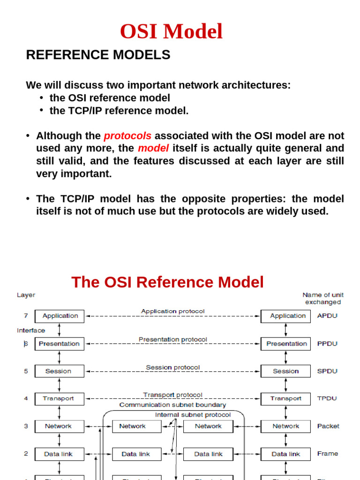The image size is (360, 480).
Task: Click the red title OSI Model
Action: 171,32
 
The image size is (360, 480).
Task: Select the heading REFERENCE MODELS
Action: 98,55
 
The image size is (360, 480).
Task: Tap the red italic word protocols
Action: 127,136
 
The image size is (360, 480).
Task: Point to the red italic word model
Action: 153,149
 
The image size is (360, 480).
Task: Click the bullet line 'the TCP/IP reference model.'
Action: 119,111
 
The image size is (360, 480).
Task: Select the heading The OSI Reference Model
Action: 167,282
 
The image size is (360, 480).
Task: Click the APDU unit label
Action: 327,316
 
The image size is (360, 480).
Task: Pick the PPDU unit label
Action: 327,344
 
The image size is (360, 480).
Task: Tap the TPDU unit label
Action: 327,398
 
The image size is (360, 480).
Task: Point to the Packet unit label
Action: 328,426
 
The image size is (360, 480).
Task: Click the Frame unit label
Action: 328,454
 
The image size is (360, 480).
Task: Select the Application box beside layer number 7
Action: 60,316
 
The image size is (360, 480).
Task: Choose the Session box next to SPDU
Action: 285,371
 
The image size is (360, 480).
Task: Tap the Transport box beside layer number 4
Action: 59,398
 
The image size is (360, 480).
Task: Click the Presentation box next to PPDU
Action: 285,344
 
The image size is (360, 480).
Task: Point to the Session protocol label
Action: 172,367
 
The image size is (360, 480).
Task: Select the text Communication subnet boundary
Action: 172,405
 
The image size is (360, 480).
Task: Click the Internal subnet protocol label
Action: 193,415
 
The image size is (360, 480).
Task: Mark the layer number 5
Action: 26,371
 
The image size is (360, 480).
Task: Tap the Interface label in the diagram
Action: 31,330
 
